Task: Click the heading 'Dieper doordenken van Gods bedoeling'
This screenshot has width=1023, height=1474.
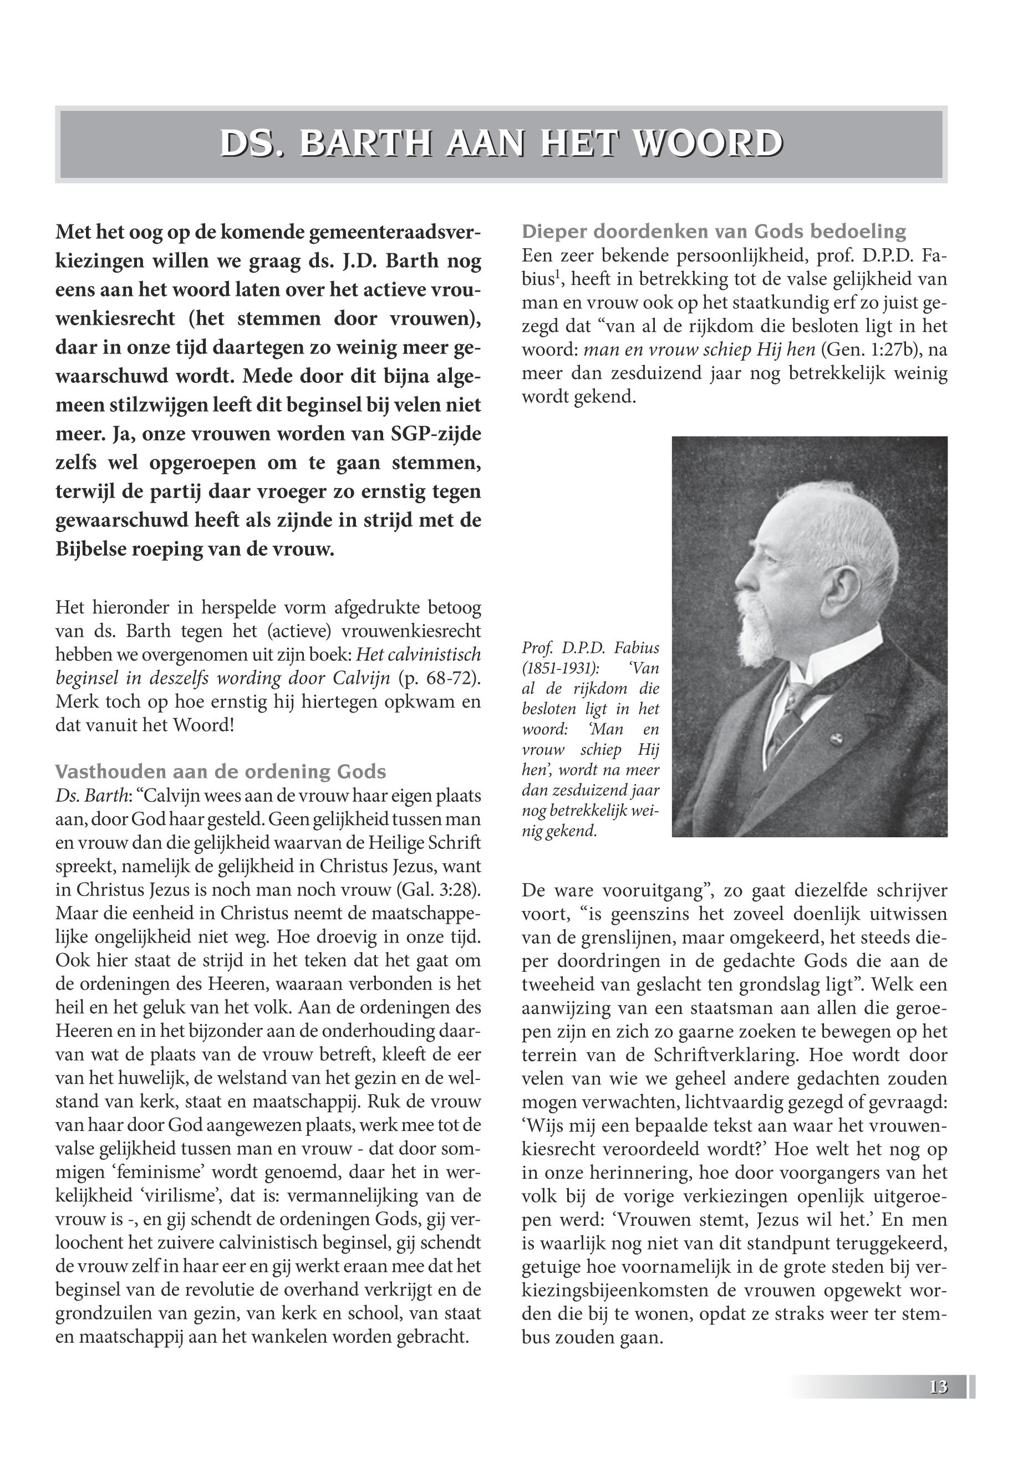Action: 714,231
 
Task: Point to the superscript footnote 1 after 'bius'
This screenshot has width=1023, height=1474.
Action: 566,275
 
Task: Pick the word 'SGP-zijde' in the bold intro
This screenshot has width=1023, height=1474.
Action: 435,434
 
